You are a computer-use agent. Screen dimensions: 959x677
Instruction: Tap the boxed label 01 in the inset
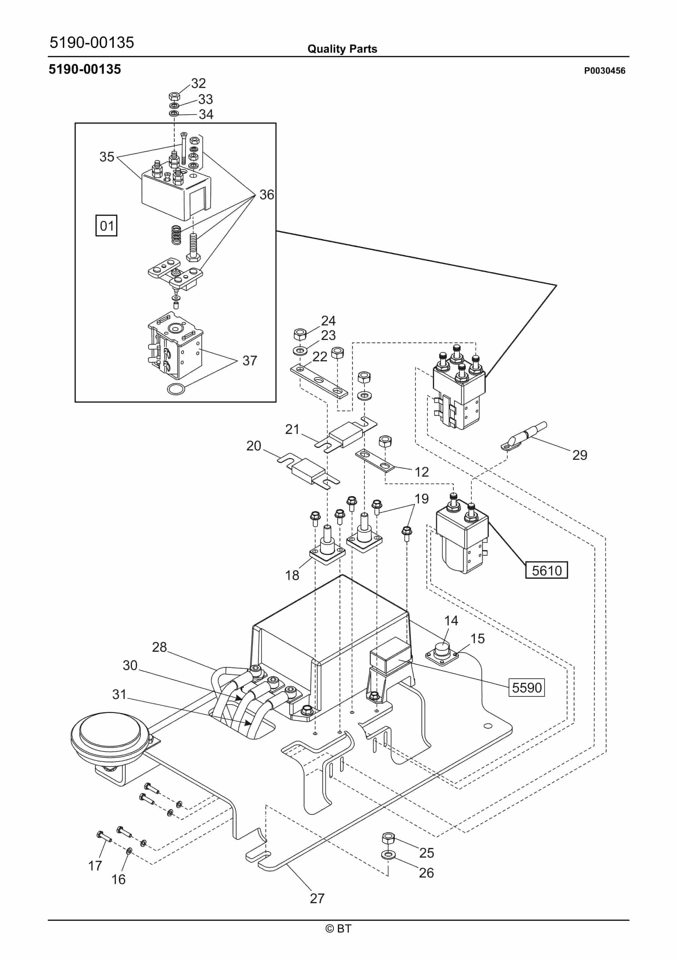tap(106, 226)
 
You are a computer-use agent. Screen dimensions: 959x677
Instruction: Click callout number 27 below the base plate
tap(317, 898)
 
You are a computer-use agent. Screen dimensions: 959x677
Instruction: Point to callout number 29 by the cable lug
tap(579, 455)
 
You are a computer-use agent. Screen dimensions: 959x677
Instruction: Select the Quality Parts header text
tap(342, 49)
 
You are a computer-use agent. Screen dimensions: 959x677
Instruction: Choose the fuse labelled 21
tap(346, 435)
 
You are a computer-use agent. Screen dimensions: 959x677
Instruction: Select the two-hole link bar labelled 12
tap(374, 460)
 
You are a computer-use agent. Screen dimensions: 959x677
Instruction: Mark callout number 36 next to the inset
tap(267, 195)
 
